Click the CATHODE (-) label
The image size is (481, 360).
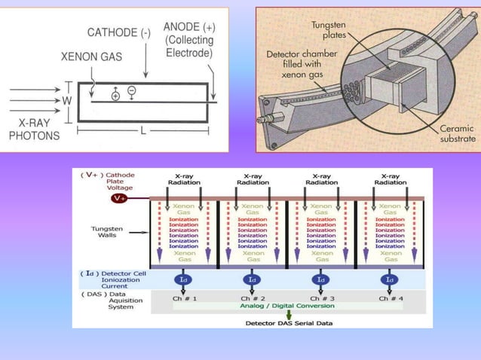118,33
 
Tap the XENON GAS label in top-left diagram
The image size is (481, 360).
90,56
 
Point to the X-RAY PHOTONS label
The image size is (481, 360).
32,130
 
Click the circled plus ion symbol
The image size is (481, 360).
115,96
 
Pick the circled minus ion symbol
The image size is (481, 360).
132,90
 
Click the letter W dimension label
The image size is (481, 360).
67,100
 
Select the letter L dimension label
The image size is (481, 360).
142,131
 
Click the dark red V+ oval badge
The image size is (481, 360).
120,198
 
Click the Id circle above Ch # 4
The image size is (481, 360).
389,279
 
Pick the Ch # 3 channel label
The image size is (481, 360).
321,298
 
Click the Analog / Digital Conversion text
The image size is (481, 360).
285,306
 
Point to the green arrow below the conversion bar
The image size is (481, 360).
286,316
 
